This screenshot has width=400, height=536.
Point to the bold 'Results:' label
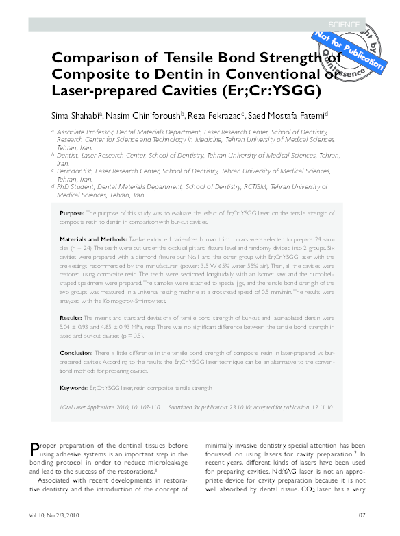pos(71,319)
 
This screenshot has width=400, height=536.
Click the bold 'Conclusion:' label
pos(76,353)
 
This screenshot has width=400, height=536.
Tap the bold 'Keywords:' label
pos(75,388)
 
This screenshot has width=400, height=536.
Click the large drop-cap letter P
pos(37,450)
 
